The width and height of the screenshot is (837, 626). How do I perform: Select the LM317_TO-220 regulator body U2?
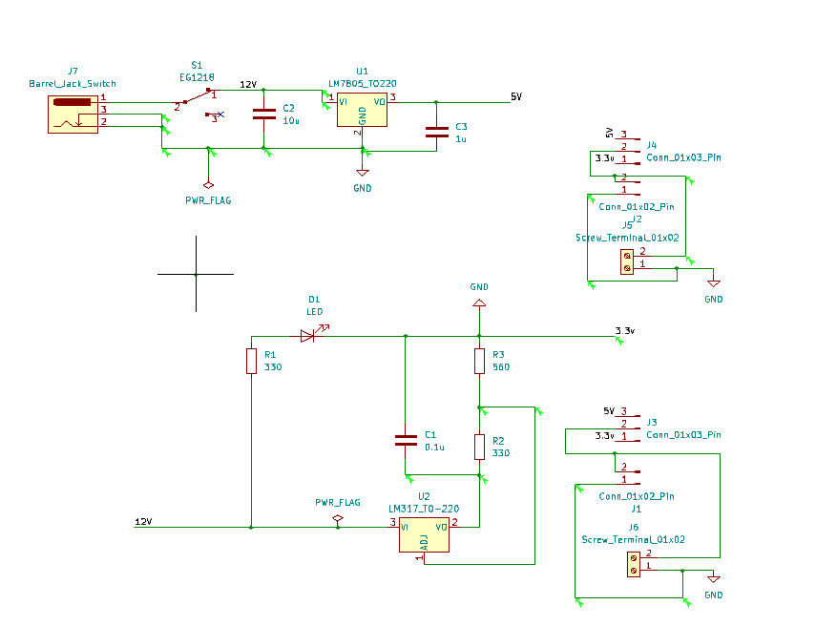(424, 536)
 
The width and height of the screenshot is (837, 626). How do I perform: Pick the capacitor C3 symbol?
(436, 132)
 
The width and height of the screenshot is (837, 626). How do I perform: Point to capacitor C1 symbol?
(406, 440)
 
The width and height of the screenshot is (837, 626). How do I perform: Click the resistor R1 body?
(251, 361)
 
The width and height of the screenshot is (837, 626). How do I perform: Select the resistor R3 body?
(479, 361)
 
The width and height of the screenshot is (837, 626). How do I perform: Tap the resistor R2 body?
(479, 447)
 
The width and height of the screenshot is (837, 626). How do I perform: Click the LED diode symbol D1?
(308, 335)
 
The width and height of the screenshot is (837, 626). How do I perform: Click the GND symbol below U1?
(362, 173)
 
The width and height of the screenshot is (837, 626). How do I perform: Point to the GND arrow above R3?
(479, 303)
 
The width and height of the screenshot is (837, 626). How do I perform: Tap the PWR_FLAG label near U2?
(338, 502)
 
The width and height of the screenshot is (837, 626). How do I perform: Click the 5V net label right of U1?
(516, 96)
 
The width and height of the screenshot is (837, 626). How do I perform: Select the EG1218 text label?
(197, 76)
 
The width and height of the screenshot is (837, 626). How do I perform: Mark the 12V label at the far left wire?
(143, 521)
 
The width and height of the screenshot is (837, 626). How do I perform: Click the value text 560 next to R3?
(501, 367)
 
